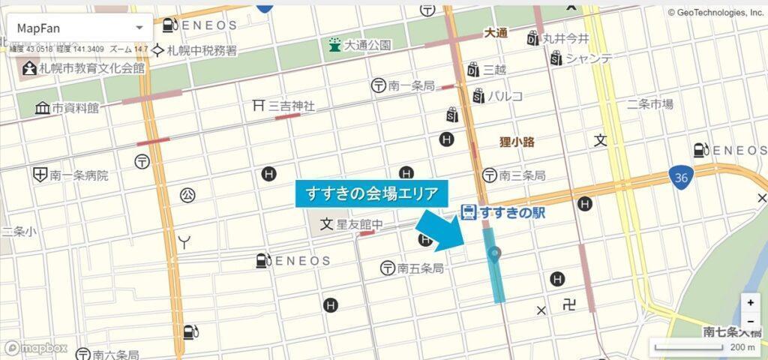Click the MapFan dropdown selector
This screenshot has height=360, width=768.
point(79,28)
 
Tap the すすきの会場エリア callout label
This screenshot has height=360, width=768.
point(372,193)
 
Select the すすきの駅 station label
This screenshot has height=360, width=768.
point(502,212)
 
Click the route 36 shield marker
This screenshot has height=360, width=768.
point(680,177)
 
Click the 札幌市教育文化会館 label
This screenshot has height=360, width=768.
point(82,68)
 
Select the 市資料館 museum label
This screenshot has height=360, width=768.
point(67,108)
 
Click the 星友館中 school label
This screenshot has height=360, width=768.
point(352,224)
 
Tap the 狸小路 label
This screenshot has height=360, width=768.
point(517,142)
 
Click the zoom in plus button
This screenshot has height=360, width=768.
point(751,303)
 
